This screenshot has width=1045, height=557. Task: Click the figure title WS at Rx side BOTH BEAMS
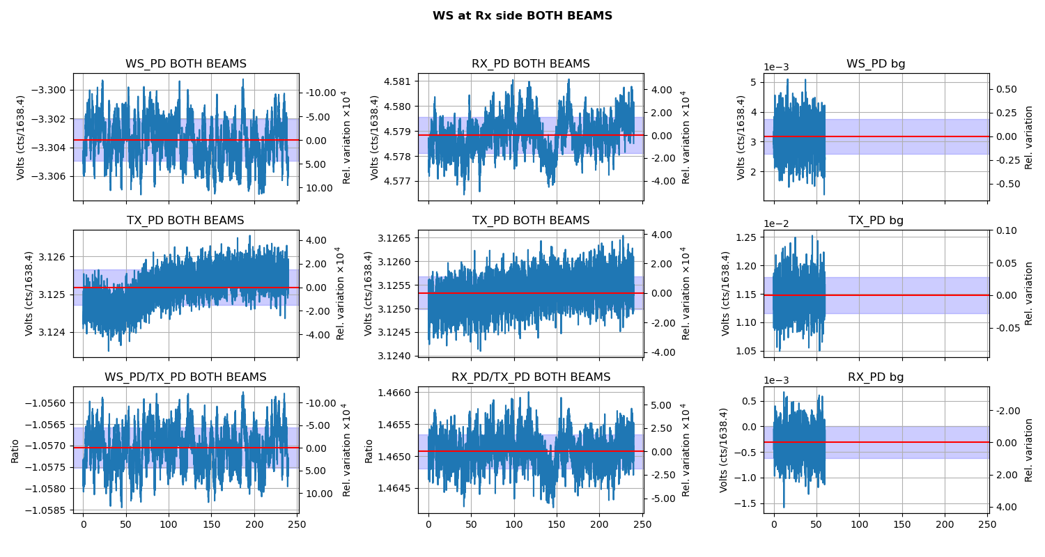pos(522,16)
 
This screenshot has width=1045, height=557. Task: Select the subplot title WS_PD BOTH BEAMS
pos(186,64)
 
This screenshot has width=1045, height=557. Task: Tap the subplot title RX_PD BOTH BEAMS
pos(530,64)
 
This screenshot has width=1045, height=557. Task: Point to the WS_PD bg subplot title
pos(876,64)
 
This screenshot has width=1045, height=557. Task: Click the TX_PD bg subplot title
pos(876,221)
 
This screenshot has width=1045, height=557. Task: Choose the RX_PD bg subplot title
pos(876,377)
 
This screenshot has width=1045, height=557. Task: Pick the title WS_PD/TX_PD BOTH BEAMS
pos(186,377)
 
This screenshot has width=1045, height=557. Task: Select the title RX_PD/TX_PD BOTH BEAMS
pos(530,377)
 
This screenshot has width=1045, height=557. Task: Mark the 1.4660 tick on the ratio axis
pos(396,393)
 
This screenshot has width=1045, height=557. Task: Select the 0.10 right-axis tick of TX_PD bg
pos(1010,230)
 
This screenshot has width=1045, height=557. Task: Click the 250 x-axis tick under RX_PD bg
pos(988,524)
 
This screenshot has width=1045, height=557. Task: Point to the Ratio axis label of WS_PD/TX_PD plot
pos(15,450)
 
